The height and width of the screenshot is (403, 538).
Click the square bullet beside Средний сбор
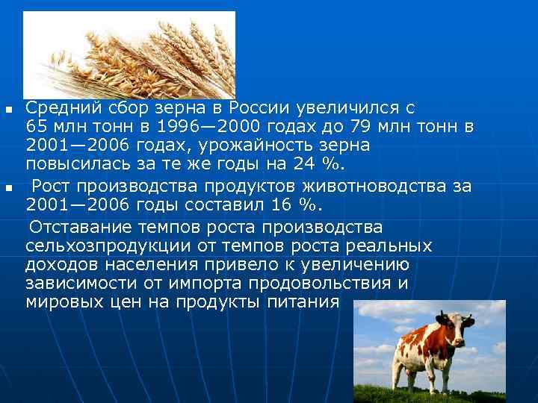pos(9,109)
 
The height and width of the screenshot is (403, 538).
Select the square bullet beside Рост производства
pos(9,188)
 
